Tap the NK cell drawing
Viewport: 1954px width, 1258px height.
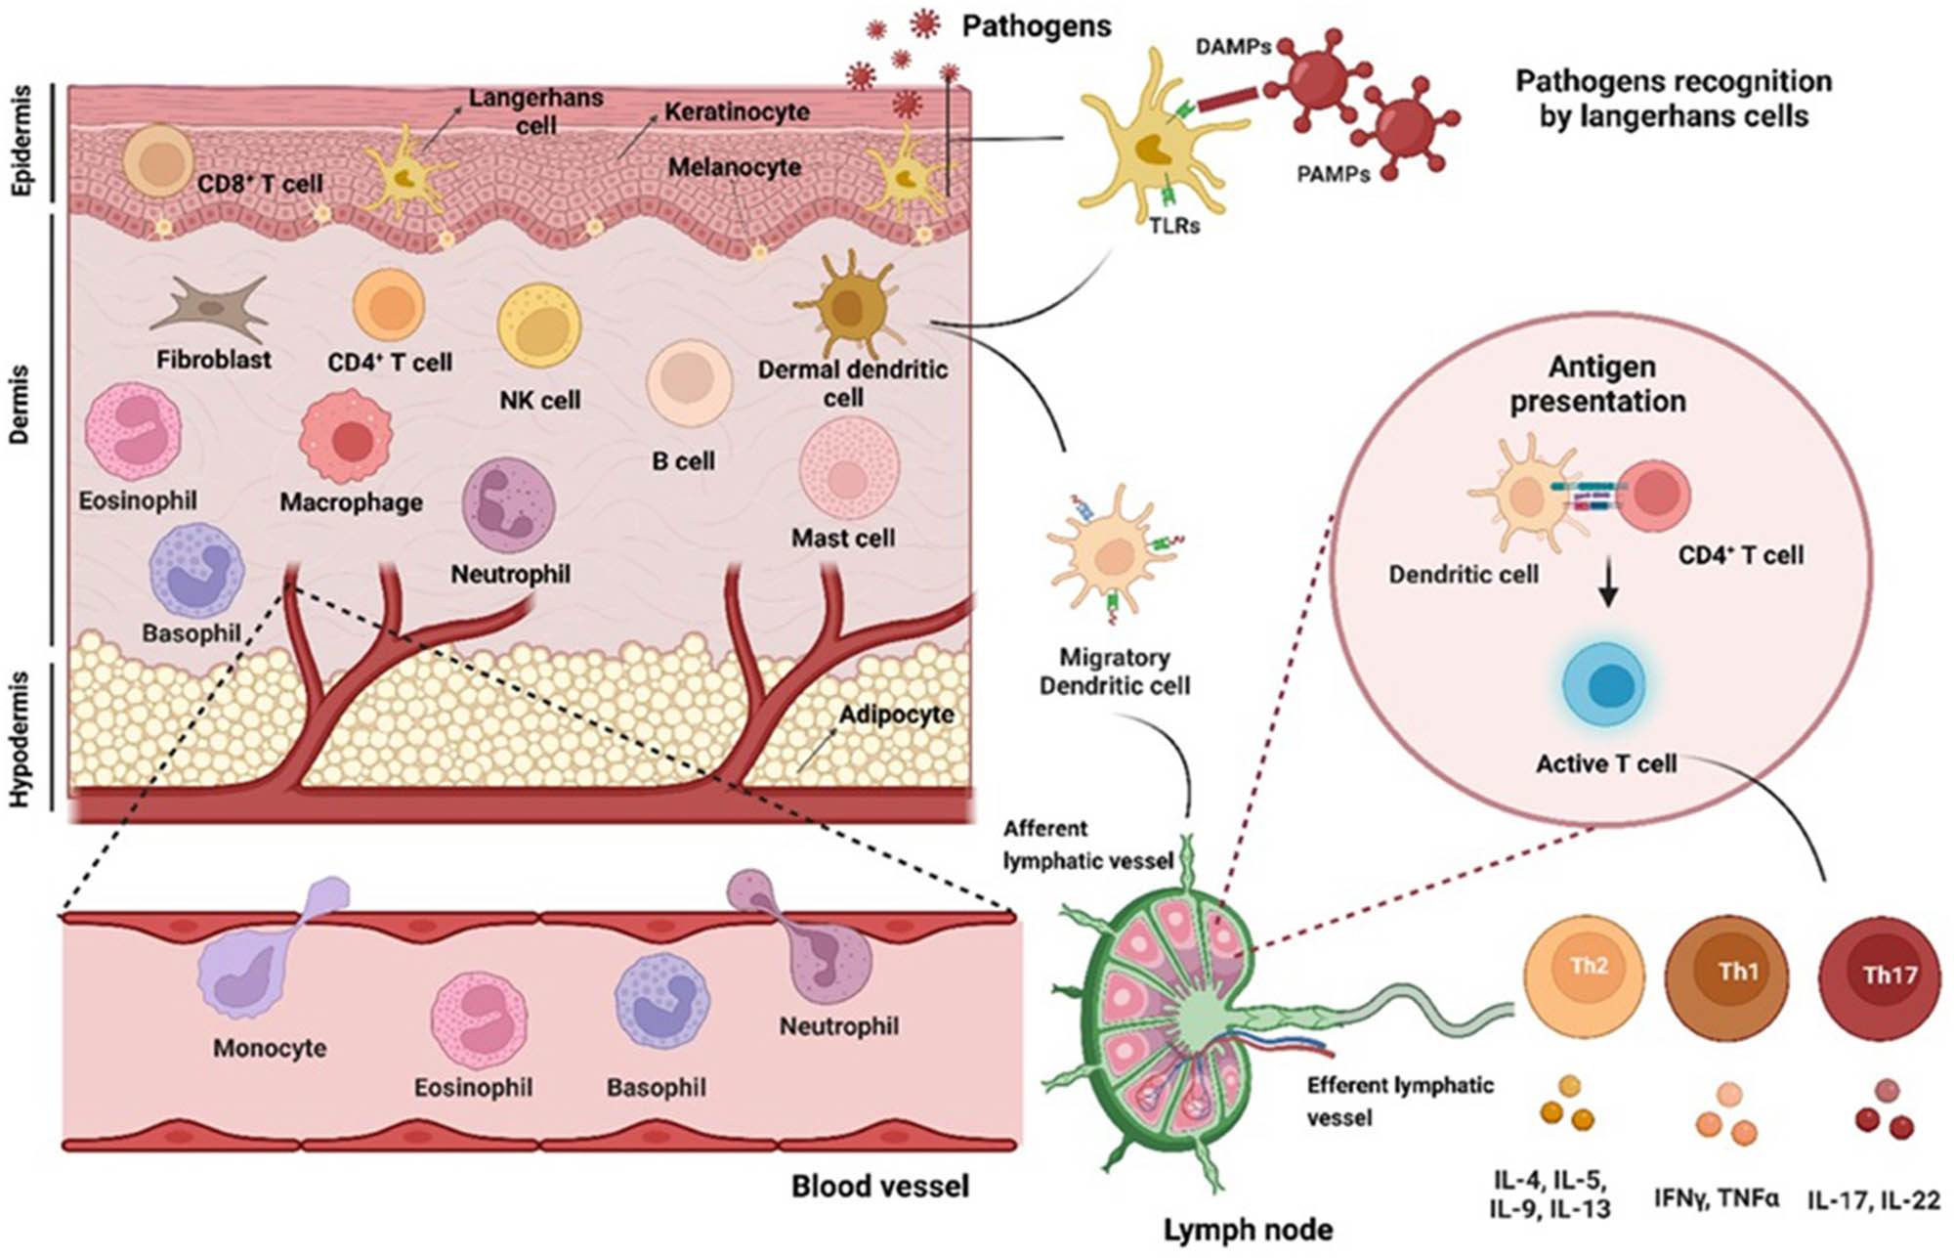[539, 326]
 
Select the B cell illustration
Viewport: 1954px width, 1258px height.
[689, 384]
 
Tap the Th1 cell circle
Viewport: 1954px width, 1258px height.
[1725, 976]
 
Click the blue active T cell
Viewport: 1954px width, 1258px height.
[1604, 685]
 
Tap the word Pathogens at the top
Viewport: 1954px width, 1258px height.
[1037, 26]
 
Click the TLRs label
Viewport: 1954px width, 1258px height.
[1174, 226]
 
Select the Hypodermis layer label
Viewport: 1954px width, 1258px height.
[21, 738]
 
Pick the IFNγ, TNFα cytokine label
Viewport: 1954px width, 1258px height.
[1717, 1197]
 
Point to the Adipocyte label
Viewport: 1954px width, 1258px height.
[896, 715]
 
